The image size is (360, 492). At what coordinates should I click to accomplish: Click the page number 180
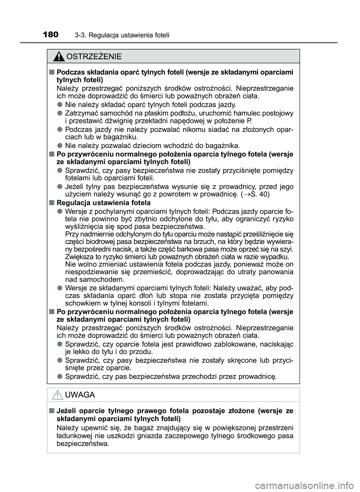coord(51,35)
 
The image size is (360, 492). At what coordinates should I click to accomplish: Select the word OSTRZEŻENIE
coord(94,57)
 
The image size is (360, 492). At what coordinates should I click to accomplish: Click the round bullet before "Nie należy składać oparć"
coord(60,104)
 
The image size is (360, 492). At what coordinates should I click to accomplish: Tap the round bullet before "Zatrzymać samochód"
coord(60,113)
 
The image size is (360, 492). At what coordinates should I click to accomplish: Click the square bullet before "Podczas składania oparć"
coord(51,72)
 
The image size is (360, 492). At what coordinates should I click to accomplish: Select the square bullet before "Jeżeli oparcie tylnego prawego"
coord(51,411)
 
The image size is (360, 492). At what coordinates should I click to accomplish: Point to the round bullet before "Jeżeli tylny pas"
coord(60,186)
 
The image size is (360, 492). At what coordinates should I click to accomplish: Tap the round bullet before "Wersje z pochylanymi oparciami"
coord(60,211)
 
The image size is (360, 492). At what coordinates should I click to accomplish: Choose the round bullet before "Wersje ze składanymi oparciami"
coord(60,287)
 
